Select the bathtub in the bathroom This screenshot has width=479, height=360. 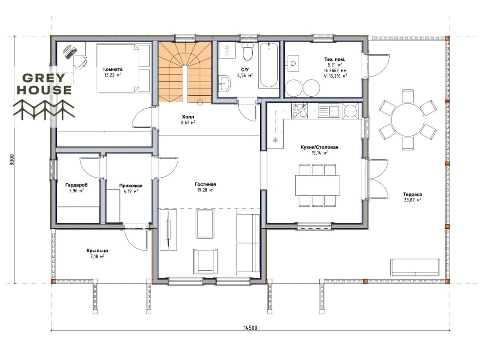[268, 65]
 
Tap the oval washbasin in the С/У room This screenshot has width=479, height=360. [225, 83]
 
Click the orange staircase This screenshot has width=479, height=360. [185, 72]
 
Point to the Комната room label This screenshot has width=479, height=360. [113, 69]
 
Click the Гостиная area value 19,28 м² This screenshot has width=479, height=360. [205, 190]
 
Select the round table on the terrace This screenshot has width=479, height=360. [408, 119]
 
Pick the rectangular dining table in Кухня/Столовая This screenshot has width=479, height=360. [317, 185]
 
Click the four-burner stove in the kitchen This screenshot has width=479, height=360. [300, 111]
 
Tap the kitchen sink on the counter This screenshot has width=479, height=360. [329, 111]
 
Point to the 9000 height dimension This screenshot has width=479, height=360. [12, 160]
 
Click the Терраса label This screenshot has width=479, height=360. [412, 194]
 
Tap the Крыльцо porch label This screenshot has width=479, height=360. [97, 251]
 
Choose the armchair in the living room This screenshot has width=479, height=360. [205, 261]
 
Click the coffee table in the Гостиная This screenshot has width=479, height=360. [204, 224]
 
